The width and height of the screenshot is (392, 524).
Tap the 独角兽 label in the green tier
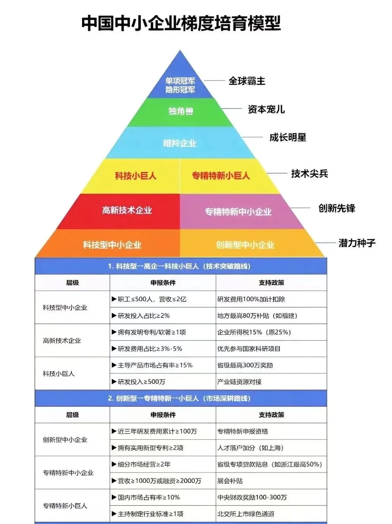coord(181,111)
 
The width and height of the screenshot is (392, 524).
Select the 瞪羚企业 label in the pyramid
coord(180,143)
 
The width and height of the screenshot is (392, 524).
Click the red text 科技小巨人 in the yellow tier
coord(136,176)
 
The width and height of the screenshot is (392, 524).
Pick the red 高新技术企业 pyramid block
coord(127,210)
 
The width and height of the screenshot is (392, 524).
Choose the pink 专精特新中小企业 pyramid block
coord(238,212)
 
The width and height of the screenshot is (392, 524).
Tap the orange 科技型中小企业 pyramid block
coord(112,245)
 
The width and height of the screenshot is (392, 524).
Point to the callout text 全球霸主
coord(247,81)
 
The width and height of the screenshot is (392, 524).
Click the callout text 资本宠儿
coord(266,110)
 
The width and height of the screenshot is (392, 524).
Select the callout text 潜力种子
coord(357,243)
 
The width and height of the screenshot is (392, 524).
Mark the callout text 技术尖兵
coord(309,174)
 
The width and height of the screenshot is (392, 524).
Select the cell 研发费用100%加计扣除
coord(251,299)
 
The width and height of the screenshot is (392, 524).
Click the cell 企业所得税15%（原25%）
coord(254,332)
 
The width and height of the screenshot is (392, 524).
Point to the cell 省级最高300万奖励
coord(245,365)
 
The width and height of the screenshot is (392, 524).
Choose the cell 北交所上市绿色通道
coord(246,514)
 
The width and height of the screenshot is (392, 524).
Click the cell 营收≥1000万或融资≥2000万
coord(159,481)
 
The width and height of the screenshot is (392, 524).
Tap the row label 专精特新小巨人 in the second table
coord(65,506)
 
